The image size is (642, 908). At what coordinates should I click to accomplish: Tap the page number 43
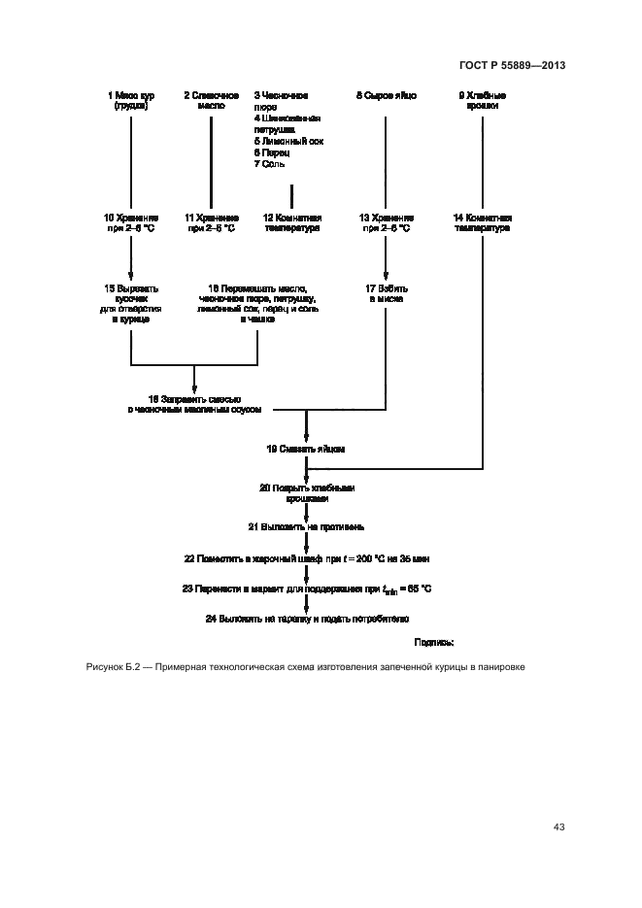click(558, 827)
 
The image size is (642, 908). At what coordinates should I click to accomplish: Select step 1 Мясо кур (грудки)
click(130, 101)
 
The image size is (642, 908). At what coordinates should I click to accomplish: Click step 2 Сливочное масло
click(211, 101)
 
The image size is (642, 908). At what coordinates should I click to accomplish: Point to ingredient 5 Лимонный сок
click(288, 141)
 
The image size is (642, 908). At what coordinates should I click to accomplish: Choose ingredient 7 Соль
click(271, 165)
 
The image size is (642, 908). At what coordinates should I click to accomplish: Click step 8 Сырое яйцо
click(386, 96)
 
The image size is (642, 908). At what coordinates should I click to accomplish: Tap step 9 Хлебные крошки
click(483, 101)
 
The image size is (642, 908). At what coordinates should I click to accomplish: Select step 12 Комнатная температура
click(292, 223)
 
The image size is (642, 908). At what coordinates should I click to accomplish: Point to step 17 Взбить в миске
click(386, 293)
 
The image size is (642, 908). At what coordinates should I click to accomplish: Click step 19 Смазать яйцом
click(306, 450)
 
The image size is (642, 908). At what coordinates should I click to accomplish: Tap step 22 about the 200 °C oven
click(306, 559)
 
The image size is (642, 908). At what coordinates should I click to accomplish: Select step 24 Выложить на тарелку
click(306, 618)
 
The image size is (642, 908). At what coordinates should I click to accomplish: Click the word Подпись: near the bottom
click(434, 642)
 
